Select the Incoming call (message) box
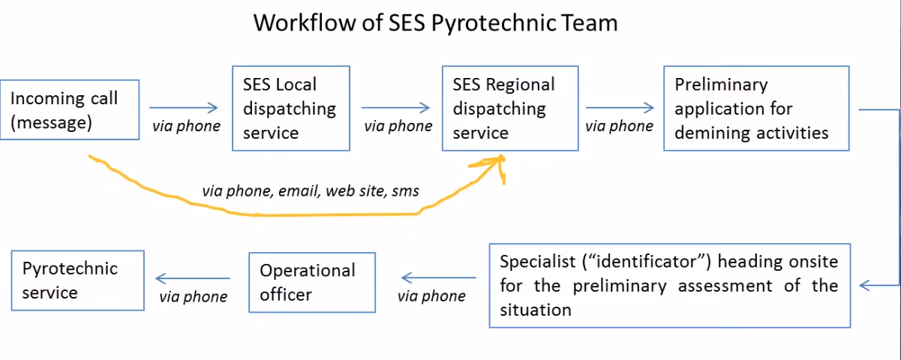click(70, 109)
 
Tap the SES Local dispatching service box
click(291, 109)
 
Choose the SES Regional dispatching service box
click(510, 109)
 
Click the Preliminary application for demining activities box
click(757, 109)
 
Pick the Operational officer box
click(312, 282)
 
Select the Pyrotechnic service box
click(77, 280)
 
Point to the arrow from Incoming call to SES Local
click(183, 108)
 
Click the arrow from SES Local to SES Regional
click(396, 108)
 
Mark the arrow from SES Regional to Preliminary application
click(620, 108)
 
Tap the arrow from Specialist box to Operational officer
click(439, 277)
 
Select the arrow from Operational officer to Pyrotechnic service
click(193, 278)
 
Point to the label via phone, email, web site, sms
click(311, 191)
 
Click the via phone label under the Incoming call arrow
click(186, 126)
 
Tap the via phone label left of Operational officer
click(194, 297)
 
